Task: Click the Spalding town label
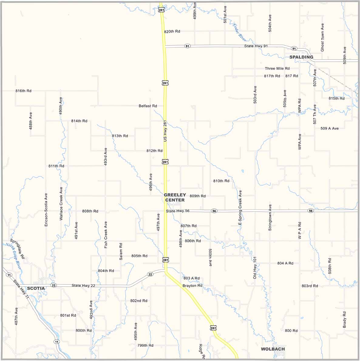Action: [301, 57]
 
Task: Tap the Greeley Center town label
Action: [175, 197]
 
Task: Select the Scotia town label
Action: [36, 288]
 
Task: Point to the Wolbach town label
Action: [273, 349]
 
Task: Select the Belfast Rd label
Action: [148, 106]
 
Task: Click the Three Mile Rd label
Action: [277, 69]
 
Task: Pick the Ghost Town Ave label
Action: [322, 37]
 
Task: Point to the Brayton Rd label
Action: [192, 286]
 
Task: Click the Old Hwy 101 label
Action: [255, 268]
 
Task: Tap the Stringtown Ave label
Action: [270, 218]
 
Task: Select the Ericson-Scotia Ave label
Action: [46, 210]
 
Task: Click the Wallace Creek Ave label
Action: [61, 203]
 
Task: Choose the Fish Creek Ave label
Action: [106, 235]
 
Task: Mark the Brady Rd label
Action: [345, 319]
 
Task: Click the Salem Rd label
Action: [121, 251]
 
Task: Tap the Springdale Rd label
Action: [17, 248]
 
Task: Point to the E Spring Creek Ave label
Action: [240, 208]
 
